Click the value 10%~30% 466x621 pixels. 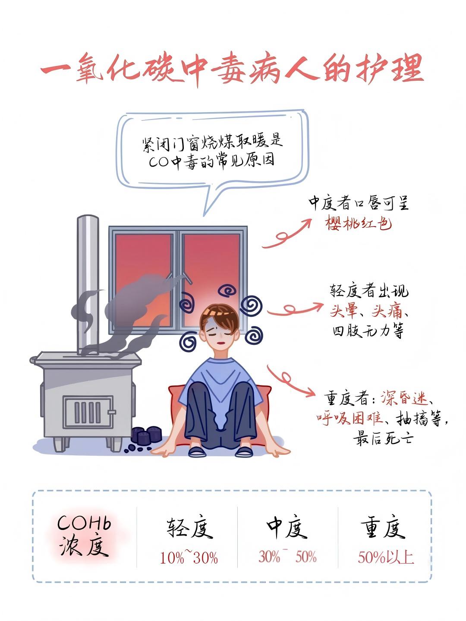pos(189,557)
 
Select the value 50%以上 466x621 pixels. pos(386,557)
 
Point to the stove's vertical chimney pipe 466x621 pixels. pos(88,284)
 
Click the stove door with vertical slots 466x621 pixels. pos(88,412)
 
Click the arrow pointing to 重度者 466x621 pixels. pos(291,381)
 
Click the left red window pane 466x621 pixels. pos(143,280)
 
